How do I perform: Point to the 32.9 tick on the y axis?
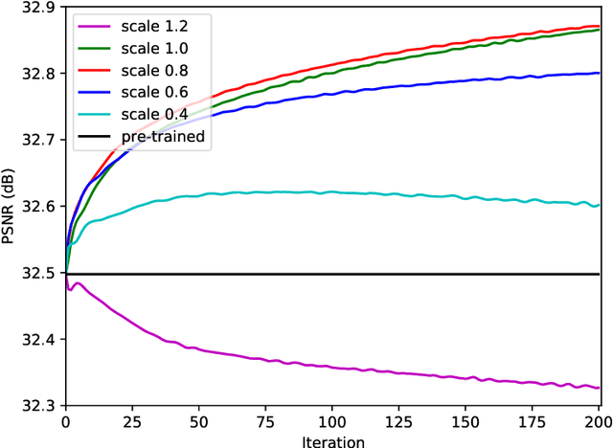tap(39, 8)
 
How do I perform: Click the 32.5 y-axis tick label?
tap(39, 274)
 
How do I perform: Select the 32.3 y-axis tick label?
tap(39, 407)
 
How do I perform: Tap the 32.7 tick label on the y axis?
tap(39, 141)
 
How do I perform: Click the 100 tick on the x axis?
tap(332, 422)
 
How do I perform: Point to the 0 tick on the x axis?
tap(65, 422)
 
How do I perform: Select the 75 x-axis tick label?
tap(265, 422)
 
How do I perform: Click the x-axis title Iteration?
tap(331, 439)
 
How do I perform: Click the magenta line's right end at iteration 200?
tap(599, 388)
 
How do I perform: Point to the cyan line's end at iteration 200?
tap(599, 204)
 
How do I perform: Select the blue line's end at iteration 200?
tap(599, 73)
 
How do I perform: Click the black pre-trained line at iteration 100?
tap(332, 274)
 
